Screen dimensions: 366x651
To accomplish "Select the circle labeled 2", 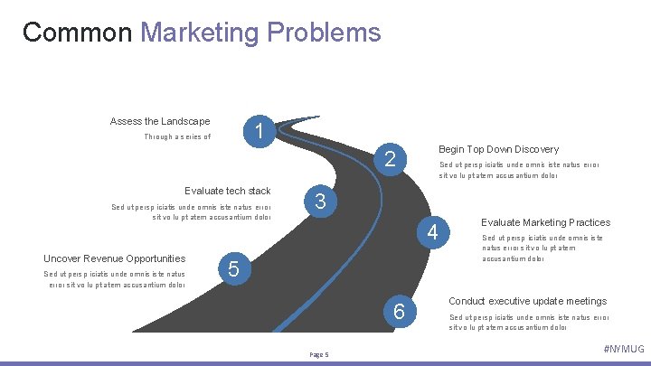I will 391,160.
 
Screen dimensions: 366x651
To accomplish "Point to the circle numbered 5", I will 234,268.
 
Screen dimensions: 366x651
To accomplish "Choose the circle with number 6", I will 399,312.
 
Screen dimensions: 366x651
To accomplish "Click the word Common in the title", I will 78,33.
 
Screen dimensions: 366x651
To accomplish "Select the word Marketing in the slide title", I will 200,33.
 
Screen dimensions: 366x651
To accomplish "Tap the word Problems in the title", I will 324,33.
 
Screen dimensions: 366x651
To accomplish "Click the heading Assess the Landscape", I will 160,121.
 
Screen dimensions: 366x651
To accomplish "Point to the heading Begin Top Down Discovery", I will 498,149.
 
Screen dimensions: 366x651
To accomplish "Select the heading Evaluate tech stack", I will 227,191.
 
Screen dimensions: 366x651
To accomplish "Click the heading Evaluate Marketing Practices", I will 545,222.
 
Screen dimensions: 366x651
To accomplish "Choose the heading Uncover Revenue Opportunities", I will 115,258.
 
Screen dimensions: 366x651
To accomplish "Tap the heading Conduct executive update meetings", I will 527,301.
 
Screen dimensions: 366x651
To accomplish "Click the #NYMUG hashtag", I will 623,349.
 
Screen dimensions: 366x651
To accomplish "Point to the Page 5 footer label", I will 319,353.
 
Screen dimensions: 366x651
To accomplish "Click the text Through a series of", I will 177,137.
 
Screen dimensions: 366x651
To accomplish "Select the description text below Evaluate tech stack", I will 191,212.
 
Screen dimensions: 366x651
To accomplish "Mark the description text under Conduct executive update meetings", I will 529,322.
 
